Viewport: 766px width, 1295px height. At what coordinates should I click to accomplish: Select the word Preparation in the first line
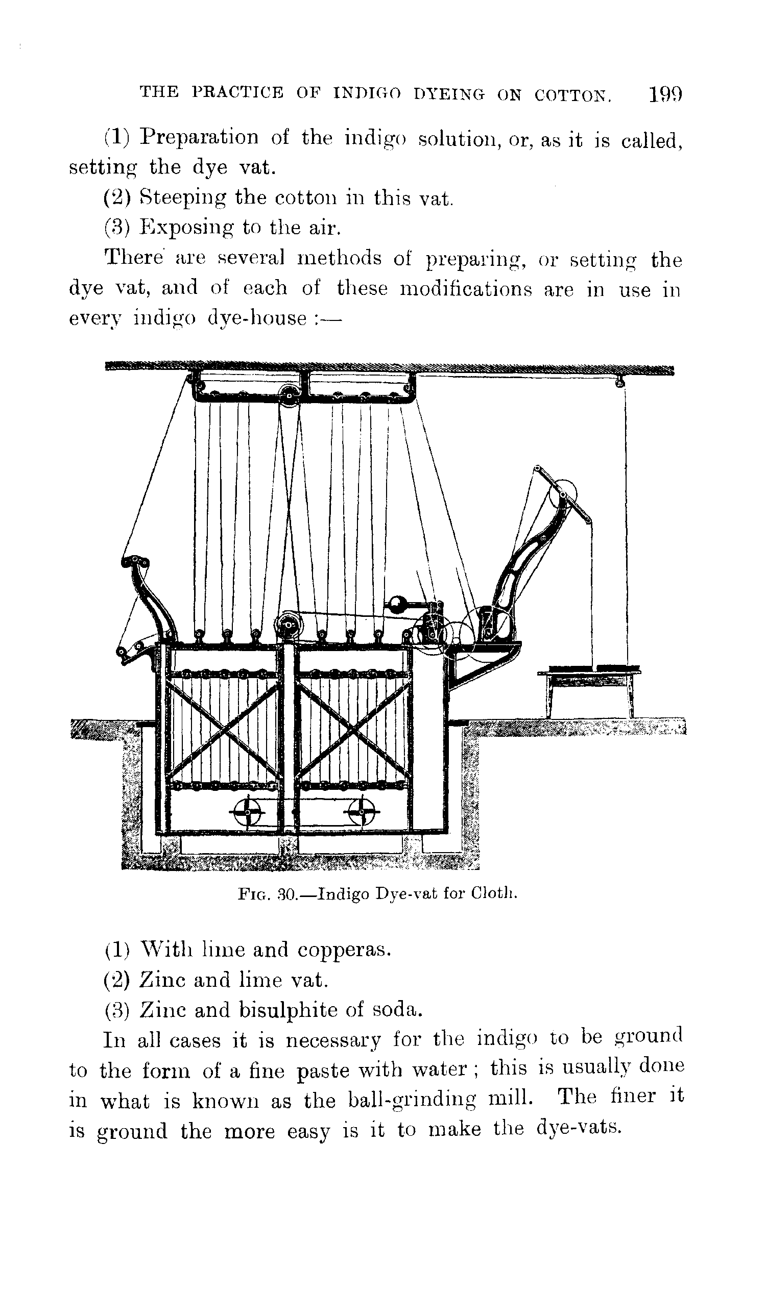click(199, 137)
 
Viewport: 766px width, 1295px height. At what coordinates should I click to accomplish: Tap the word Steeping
click(183, 197)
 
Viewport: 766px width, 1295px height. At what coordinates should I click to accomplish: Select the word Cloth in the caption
click(493, 893)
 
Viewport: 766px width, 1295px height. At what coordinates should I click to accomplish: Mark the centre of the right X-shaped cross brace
click(353, 732)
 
